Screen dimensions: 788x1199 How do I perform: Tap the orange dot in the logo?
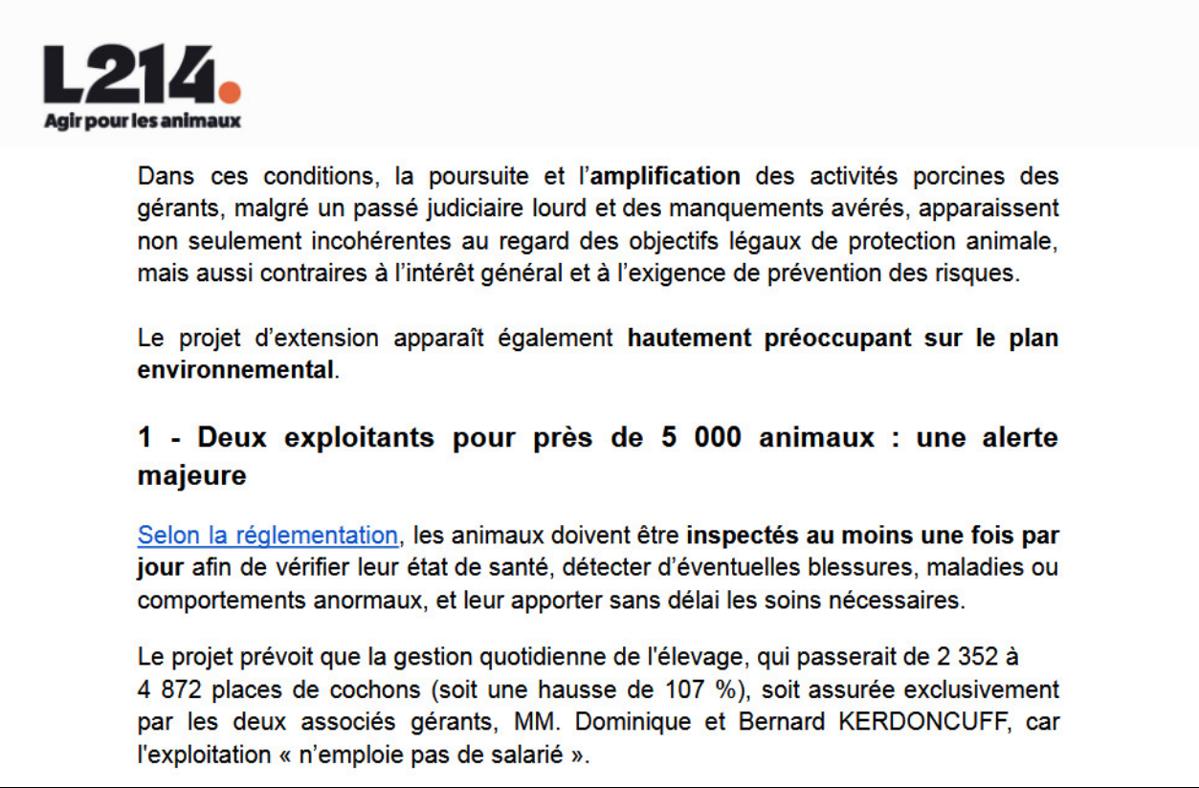[230, 92]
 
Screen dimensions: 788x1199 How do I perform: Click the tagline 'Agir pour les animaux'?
[143, 121]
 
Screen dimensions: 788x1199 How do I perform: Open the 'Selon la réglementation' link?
[268, 535]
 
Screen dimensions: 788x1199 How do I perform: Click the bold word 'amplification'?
[666, 177]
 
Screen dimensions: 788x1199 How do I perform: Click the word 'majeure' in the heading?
[192, 476]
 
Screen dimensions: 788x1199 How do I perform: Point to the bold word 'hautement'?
[688, 339]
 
